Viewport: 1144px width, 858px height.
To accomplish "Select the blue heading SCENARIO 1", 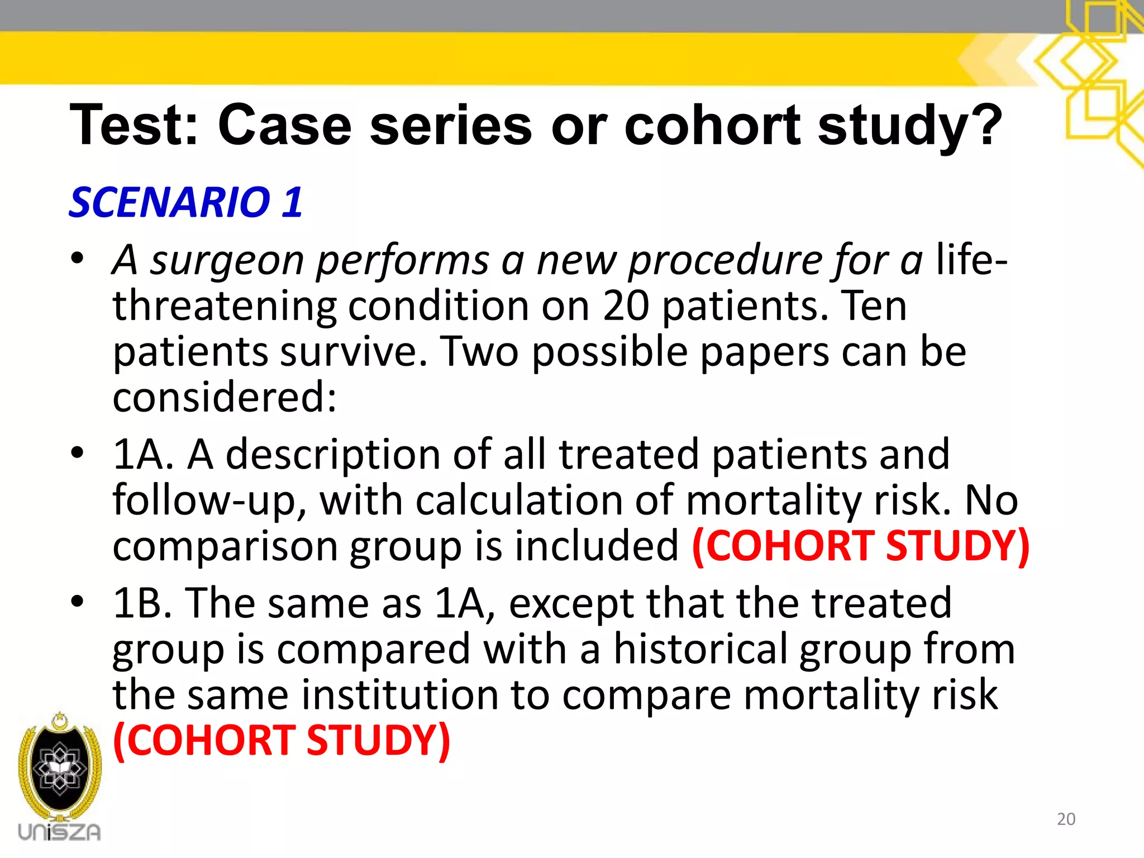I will [x=186, y=202].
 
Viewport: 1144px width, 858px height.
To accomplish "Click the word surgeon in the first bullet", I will [x=227, y=260].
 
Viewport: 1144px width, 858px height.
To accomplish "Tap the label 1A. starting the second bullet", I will [x=143, y=454].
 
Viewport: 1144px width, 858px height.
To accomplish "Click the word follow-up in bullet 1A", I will [x=209, y=499].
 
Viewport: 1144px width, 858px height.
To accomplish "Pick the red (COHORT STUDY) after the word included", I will [x=860, y=545].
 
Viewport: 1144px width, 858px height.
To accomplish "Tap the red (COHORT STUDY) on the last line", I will [x=282, y=741].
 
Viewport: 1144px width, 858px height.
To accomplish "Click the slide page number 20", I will [x=1066, y=819].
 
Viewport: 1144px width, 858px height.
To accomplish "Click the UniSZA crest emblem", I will [x=59, y=765].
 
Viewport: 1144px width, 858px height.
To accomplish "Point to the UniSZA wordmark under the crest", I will [x=59, y=832].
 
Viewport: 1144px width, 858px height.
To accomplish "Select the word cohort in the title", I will [x=712, y=125].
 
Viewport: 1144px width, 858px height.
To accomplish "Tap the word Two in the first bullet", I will [x=480, y=351].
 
